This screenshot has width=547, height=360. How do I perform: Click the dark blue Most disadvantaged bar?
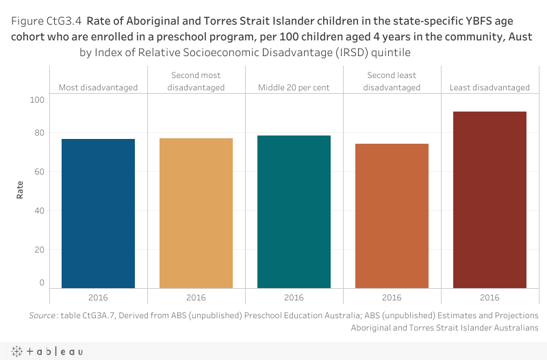(x=98, y=214)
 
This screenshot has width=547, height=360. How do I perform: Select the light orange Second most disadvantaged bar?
(x=196, y=214)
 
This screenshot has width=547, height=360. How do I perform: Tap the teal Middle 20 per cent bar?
(x=294, y=212)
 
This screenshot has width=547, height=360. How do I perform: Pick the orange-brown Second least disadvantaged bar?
(x=392, y=216)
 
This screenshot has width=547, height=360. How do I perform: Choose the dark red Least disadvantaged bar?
(x=489, y=200)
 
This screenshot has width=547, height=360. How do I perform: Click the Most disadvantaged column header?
(x=98, y=88)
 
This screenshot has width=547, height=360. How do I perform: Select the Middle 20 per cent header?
(x=294, y=88)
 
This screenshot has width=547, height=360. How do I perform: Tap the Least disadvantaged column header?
(x=489, y=88)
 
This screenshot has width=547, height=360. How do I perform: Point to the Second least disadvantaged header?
(x=392, y=81)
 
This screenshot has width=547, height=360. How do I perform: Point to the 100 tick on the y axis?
(x=36, y=100)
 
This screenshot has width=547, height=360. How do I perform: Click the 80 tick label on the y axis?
(x=38, y=133)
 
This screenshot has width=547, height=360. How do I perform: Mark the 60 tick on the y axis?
(x=38, y=171)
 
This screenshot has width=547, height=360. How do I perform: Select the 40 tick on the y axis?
(x=38, y=210)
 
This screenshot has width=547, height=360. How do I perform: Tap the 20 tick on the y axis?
(x=38, y=249)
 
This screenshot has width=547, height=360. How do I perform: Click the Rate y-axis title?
(x=20, y=190)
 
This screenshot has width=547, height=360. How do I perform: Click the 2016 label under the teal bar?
(x=294, y=298)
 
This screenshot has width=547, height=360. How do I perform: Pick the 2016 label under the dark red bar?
(x=489, y=298)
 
